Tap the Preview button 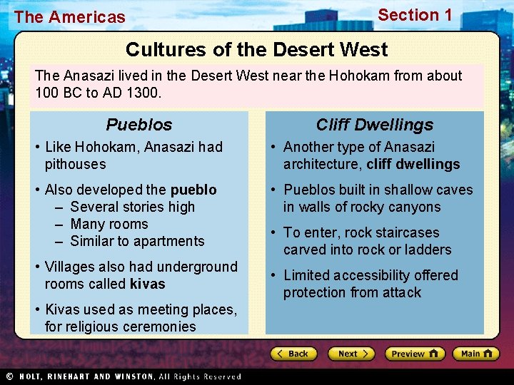[x=415, y=354]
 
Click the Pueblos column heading [x=139, y=125]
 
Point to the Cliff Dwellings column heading [x=374, y=125]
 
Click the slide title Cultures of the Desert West [x=257, y=50]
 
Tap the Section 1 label [x=415, y=15]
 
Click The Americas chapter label [x=69, y=17]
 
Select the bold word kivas [x=147, y=284]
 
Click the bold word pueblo [x=193, y=190]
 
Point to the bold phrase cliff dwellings [x=413, y=164]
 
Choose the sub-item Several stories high [x=132, y=207]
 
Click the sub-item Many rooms [x=109, y=224]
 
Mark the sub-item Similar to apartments [x=137, y=241]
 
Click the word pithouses [x=75, y=164]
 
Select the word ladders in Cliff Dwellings [x=427, y=250]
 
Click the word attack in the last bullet [x=400, y=292]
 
